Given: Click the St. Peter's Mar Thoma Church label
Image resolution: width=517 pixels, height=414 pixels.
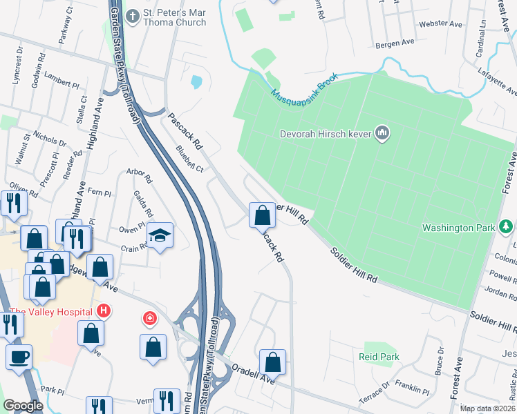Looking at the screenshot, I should pos(175,17).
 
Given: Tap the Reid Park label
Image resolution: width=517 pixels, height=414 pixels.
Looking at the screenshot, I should pos(379,357).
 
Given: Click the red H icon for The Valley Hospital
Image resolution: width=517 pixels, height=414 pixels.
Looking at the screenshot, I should pos(104,311).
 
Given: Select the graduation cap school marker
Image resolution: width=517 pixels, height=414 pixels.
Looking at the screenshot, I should pos(160,236).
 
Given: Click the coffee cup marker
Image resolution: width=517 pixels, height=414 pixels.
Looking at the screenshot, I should pos(19,356).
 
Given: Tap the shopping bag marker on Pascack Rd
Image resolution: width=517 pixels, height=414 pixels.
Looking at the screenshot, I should pos(262,215).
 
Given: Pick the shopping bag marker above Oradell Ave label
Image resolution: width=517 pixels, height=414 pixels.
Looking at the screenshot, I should pos(273,362).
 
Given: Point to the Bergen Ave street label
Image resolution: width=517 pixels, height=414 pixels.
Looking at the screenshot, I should pos(394,43).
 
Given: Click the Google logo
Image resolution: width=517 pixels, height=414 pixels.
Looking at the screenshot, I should pos(22,406).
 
